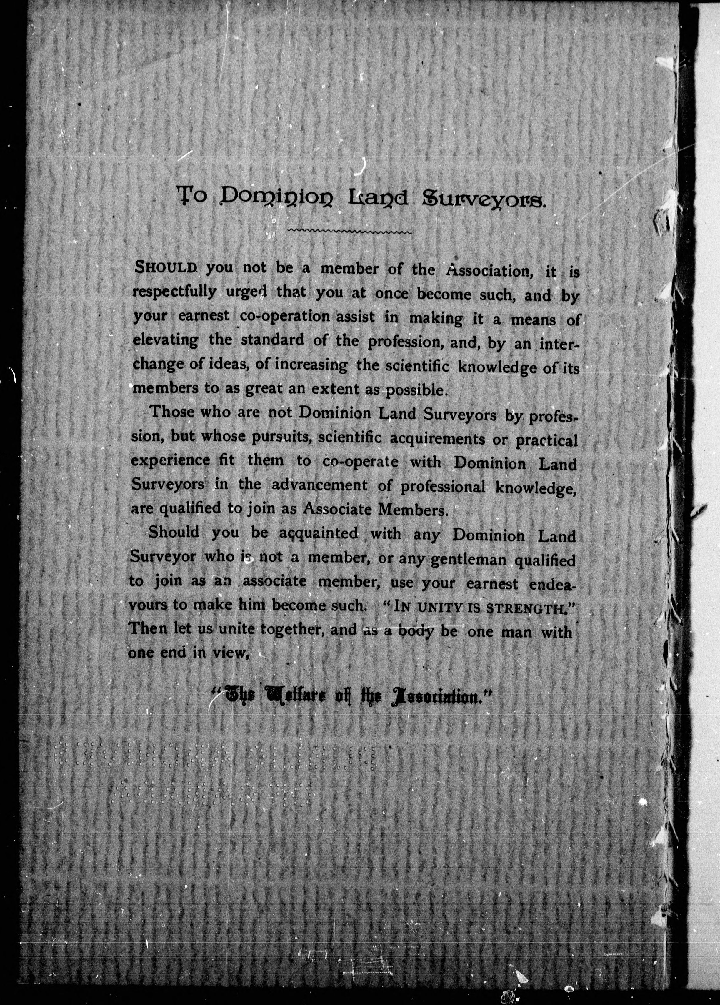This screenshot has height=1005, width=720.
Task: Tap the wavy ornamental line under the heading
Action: [350, 231]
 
